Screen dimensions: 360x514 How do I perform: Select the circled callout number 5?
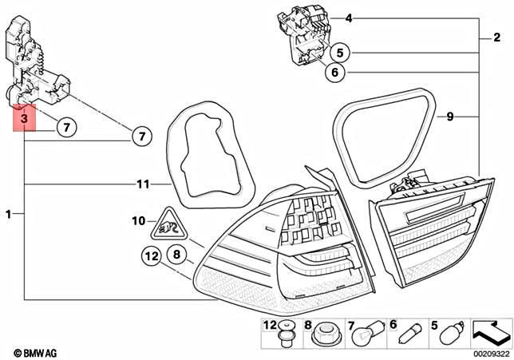point(339,53)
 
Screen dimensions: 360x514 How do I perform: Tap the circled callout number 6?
point(335,73)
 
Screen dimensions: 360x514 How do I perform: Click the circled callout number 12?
point(152,256)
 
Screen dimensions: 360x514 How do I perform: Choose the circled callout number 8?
point(177,255)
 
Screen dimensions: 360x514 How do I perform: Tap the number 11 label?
point(143,184)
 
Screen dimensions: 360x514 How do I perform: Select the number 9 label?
point(449,117)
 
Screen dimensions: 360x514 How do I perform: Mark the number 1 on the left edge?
point(9,214)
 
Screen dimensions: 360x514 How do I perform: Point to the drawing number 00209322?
point(489,352)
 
